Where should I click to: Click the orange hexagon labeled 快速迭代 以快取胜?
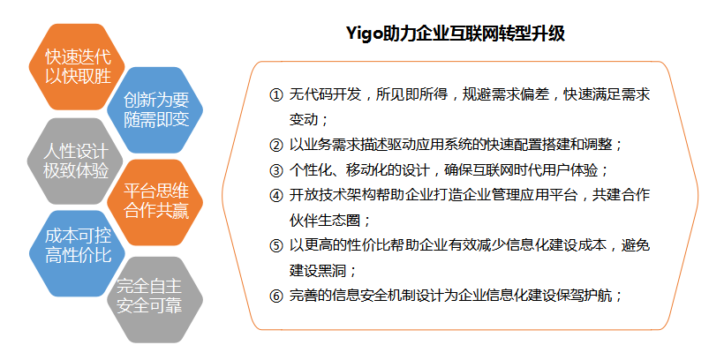pyautogui.click(x=78, y=67)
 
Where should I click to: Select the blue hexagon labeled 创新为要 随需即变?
pyautogui.click(x=155, y=109)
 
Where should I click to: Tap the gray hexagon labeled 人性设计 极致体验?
pyautogui.click(x=76, y=161)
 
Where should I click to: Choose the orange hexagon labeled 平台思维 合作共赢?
pyautogui.click(x=155, y=203)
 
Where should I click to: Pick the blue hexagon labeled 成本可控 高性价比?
pyautogui.click(x=78, y=253)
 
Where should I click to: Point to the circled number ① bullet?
pyautogui.click(x=275, y=95)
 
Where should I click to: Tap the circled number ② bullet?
pyautogui.click(x=275, y=146)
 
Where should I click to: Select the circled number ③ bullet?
pyautogui.click(x=275, y=171)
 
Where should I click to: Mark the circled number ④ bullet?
pyautogui.click(x=275, y=196)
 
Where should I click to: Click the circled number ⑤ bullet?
pyautogui.click(x=275, y=245)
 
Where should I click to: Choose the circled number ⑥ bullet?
pyautogui.click(x=275, y=296)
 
